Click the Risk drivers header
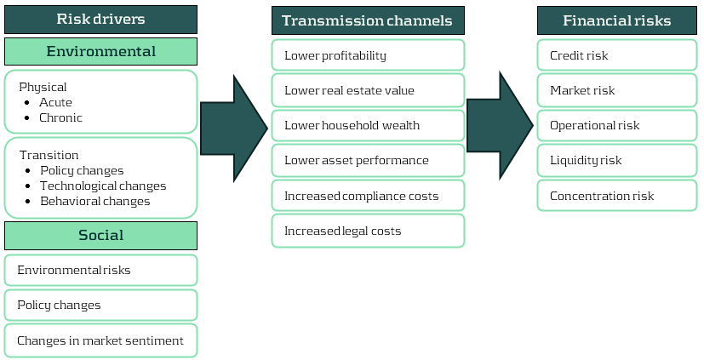pos(100,20)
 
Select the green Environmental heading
pos(100,51)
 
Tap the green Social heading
pos(100,235)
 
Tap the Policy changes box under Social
pos(100,305)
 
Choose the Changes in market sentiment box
pos(100,340)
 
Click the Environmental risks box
pos(100,270)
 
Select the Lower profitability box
pos(368,55)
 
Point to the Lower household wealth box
pos(368,125)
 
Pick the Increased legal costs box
pos(368,231)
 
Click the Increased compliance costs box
pos(368,196)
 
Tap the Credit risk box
pos(617,55)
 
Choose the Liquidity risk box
pos(617,160)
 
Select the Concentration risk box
pos(617,196)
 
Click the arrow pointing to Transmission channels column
pos(233,129)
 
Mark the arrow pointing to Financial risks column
pos(500,126)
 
